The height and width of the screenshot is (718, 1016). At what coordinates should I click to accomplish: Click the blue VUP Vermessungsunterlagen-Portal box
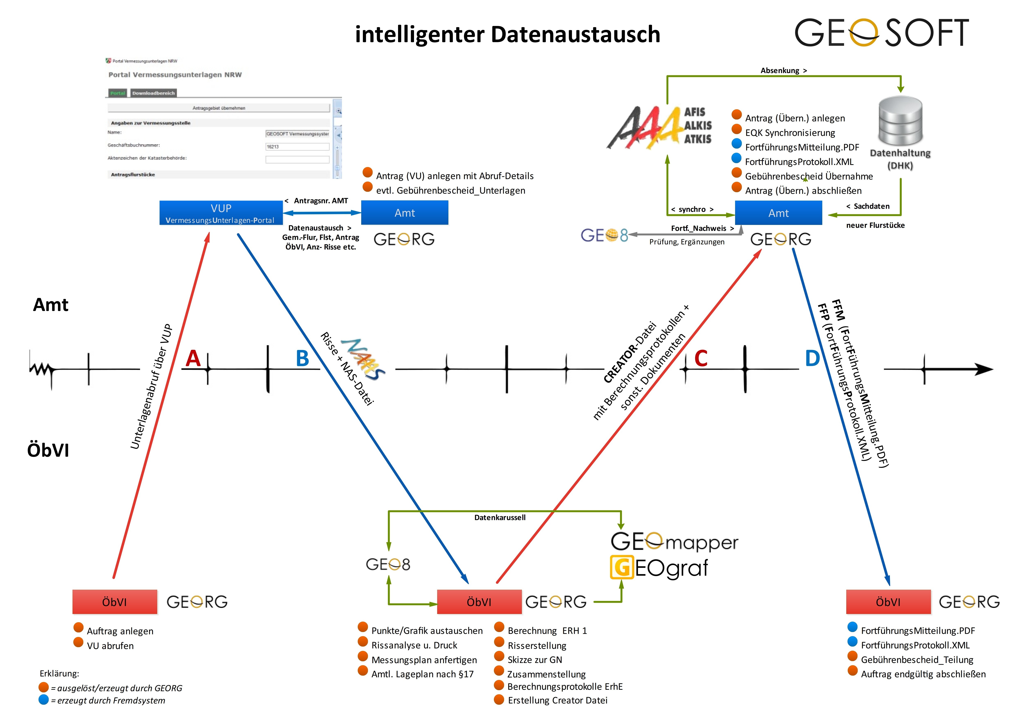[x=221, y=213]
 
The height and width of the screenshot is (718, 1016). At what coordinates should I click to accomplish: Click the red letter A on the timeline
[x=193, y=358]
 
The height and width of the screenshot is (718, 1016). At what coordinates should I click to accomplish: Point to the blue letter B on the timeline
[x=302, y=358]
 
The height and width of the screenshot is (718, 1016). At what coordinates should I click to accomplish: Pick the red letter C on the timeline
[x=701, y=358]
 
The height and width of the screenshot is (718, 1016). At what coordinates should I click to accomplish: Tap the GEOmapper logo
[x=674, y=542]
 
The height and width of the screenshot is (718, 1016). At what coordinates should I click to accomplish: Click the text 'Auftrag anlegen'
[x=120, y=631]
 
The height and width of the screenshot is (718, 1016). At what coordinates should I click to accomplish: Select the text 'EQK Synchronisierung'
[x=790, y=133]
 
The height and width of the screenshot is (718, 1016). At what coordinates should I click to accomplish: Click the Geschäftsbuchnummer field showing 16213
[x=297, y=146]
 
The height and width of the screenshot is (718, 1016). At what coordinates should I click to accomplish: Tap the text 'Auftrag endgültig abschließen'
[x=923, y=674]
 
